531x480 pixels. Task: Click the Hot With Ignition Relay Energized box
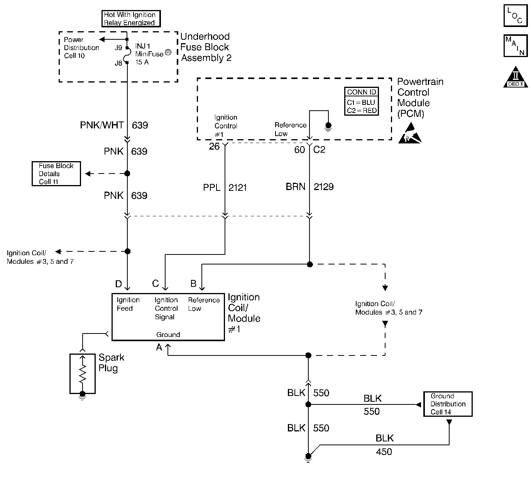(x=131, y=19)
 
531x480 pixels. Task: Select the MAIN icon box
(x=515, y=46)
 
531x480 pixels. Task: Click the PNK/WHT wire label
(x=102, y=125)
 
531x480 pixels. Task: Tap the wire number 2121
(x=237, y=188)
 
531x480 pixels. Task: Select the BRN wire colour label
(x=296, y=187)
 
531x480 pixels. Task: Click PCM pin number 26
(x=214, y=146)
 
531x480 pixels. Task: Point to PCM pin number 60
(x=299, y=150)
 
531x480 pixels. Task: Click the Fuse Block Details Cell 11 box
(x=56, y=174)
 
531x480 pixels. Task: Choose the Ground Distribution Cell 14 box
(x=448, y=404)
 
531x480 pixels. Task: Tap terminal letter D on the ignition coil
(x=118, y=284)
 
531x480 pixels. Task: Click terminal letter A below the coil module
(x=159, y=347)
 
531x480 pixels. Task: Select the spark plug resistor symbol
(x=82, y=373)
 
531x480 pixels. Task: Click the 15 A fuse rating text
(x=142, y=62)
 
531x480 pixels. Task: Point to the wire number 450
(x=384, y=451)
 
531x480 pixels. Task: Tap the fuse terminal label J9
(x=118, y=48)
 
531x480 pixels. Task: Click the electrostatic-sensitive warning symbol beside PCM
(x=409, y=133)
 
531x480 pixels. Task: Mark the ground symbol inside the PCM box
(x=328, y=126)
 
